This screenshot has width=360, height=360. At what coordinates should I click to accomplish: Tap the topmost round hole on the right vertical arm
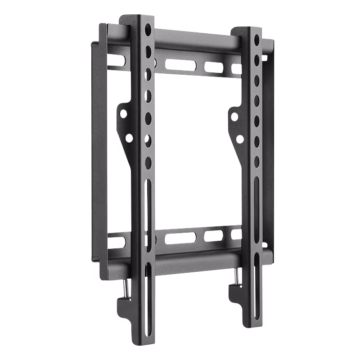point(257,40)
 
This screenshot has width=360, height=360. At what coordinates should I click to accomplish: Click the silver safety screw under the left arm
point(126,288)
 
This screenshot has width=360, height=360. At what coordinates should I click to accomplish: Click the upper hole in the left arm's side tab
point(123,114)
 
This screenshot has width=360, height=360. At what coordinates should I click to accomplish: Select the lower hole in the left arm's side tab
point(129,138)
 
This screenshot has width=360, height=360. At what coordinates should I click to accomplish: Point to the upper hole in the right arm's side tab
point(234,117)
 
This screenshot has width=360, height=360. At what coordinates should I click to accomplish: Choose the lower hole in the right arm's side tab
point(240,139)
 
